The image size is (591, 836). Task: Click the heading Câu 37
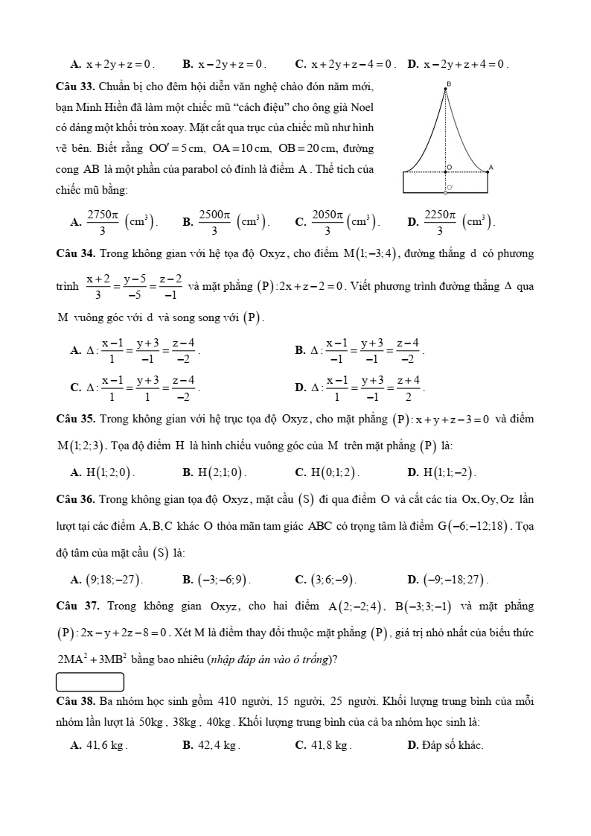click(x=76, y=607)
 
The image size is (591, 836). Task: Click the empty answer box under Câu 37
click(x=90, y=682)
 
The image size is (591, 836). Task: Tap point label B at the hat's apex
click(x=447, y=84)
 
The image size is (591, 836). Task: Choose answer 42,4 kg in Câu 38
click(x=216, y=744)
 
